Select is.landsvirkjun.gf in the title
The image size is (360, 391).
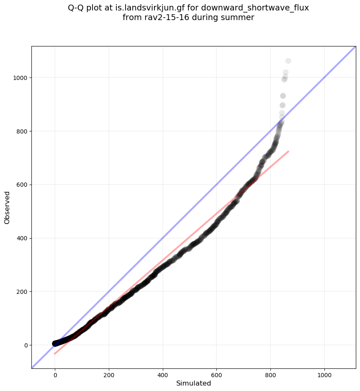[x=145, y=8]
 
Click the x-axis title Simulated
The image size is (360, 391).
[x=193, y=383]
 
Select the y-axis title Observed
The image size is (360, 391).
[x=7, y=207]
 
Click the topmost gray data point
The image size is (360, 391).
[x=288, y=61]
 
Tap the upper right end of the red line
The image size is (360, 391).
[x=288, y=151]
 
